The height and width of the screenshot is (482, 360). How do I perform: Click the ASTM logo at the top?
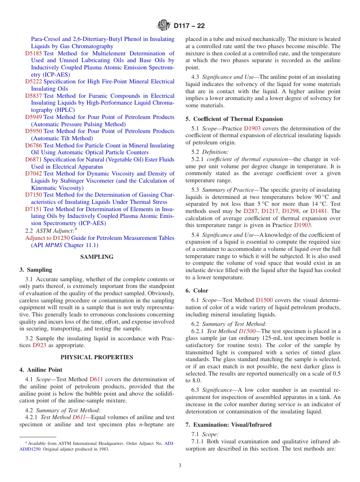tap(164, 26)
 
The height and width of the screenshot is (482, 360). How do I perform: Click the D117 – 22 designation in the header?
tap(189, 26)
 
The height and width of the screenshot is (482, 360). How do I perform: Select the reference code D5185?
tap(34, 53)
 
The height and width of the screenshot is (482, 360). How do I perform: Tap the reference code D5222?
tap(34, 81)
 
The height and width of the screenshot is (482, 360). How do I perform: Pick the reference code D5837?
tap(34, 96)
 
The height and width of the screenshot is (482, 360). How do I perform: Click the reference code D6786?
tap(34, 146)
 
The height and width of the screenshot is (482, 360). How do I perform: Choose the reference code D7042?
tap(34, 174)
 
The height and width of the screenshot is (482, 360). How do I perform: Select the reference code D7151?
tap(34, 209)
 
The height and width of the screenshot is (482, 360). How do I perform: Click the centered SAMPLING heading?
tap(97, 257)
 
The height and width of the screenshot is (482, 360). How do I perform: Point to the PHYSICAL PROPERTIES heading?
tap(97, 357)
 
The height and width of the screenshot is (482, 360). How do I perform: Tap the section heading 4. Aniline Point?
tap(41, 370)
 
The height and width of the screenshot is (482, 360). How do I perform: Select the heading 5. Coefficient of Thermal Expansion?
tap(234, 119)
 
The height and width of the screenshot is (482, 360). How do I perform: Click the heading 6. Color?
tap(197, 291)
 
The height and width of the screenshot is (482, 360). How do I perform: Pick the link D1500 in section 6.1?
tap(264, 300)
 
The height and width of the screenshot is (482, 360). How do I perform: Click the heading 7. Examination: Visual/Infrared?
tap(228, 425)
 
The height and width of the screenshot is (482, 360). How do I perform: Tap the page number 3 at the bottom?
tap(180, 466)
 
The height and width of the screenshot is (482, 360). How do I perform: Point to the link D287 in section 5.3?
tap(250, 211)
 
